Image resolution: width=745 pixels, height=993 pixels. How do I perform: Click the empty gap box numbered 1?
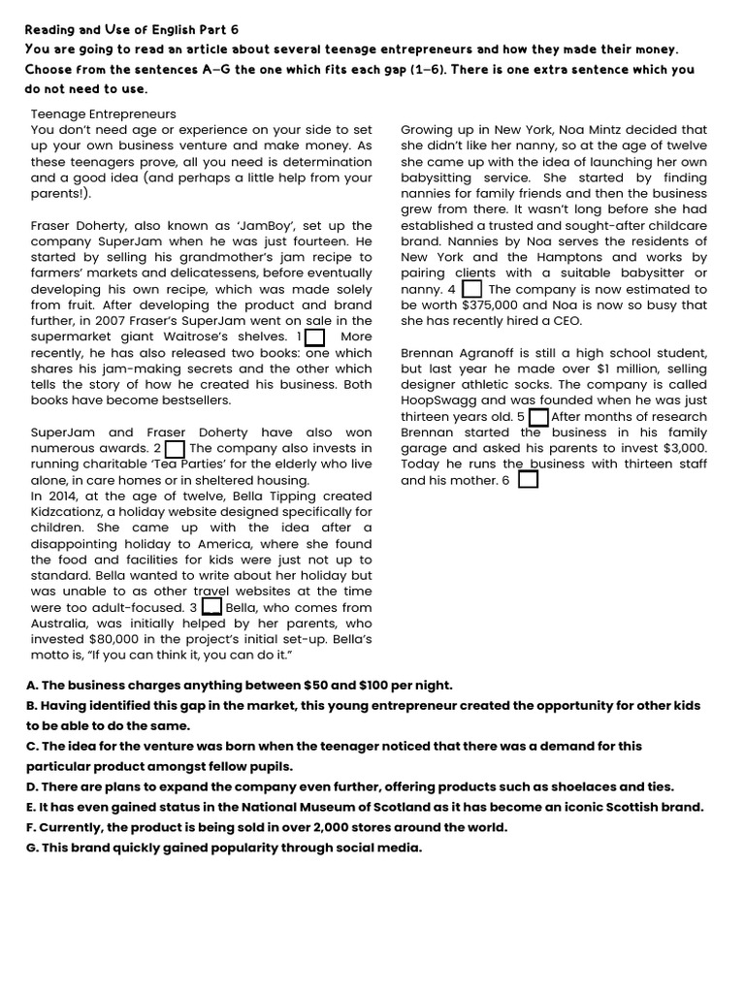[x=314, y=336]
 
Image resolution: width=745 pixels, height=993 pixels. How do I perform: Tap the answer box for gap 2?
[x=175, y=449]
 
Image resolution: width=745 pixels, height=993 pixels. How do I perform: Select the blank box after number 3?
[x=212, y=607]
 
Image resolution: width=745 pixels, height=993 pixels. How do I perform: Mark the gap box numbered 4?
[x=471, y=289]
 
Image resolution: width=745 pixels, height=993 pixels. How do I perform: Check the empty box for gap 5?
[x=538, y=417]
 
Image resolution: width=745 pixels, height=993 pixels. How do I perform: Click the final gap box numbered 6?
[x=528, y=480]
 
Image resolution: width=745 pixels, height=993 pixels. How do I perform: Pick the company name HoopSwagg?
[x=438, y=400]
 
